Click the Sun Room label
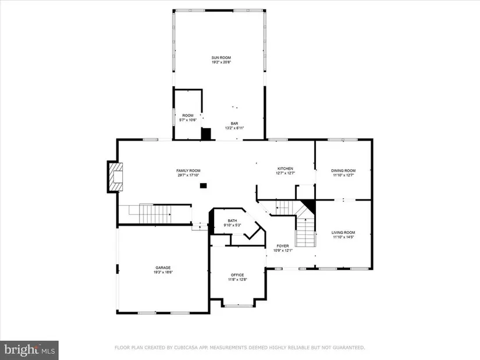[x=221, y=58]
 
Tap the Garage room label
[x=163, y=268]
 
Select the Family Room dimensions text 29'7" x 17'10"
[x=189, y=176]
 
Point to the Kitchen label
[x=285, y=169]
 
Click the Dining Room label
[x=343, y=171]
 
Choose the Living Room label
[x=343, y=233]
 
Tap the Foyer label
[x=283, y=246]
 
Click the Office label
[x=237, y=275]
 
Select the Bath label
[x=232, y=221]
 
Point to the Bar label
[x=234, y=124]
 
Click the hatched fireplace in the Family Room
[x=116, y=177]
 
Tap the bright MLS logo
[x=30, y=350]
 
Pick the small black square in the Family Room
[x=203, y=186]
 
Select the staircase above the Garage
[x=155, y=213]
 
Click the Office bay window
[x=239, y=305]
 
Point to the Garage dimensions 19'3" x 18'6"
[x=163, y=272]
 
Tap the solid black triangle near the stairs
[x=309, y=206]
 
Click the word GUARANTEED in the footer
[x=349, y=347]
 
